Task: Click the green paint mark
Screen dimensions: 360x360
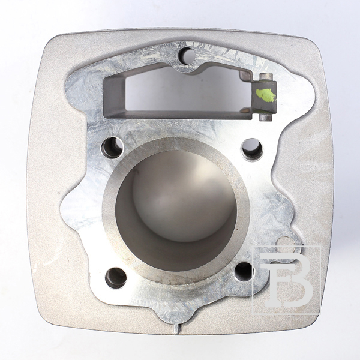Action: pos(266,95)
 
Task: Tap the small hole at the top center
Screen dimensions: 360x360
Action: pos(187,55)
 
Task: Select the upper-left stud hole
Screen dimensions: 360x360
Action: pos(113,148)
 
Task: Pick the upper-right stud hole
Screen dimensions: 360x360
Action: pos(253,149)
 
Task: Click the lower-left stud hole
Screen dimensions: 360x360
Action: pos(116,278)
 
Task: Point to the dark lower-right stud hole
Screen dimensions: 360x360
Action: pos(245,272)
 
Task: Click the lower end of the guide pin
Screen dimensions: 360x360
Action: pos(265,118)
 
